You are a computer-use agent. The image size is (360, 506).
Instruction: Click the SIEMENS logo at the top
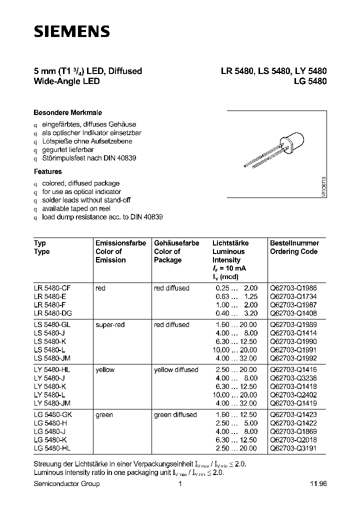click(71, 32)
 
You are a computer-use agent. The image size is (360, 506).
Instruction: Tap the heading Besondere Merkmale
click(67, 112)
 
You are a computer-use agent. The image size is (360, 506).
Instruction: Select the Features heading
click(48, 171)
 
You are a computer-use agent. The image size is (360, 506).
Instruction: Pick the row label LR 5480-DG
click(54, 313)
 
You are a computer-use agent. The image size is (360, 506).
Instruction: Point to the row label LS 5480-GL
click(54, 325)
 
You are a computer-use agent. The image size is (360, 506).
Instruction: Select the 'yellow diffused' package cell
click(176, 370)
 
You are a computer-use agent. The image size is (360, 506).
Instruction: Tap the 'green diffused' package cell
click(175, 415)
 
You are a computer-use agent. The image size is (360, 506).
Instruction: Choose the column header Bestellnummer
click(294, 243)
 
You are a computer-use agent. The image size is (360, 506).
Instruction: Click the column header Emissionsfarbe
click(120, 243)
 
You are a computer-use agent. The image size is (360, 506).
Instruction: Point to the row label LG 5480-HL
click(54, 448)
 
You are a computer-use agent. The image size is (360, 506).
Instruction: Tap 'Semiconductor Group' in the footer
click(66, 483)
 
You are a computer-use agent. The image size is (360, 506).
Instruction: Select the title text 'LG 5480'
click(310, 81)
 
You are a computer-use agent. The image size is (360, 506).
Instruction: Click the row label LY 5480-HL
click(54, 370)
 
